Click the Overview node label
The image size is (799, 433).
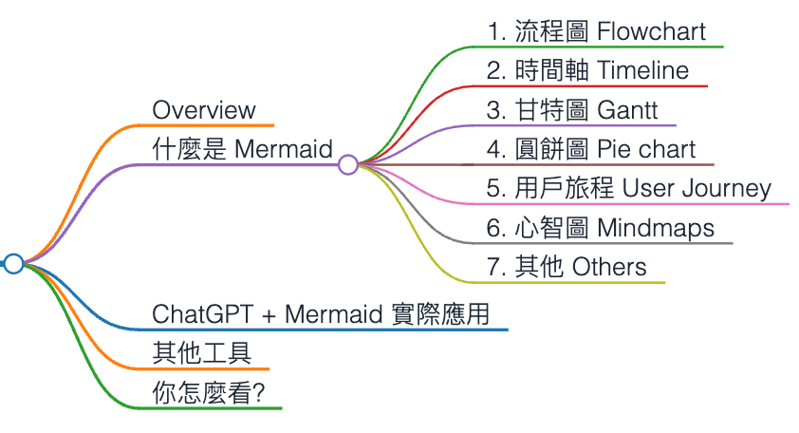point(204,109)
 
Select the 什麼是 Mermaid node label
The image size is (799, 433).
point(242,149)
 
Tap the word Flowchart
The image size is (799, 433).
point(652,31)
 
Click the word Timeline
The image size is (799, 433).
point(642,71)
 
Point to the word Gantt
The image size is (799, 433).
point(627,110)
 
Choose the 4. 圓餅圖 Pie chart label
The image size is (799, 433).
point(591,149)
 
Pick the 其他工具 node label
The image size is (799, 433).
point(201,354)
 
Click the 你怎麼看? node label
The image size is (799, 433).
point(208,393)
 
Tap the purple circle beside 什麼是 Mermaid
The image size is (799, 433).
point(347,165)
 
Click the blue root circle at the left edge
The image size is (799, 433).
point(13,264)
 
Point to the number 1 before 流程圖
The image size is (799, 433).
point(492,31)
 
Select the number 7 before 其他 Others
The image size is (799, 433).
point(493,267)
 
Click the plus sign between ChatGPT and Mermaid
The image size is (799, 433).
point(265,315)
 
